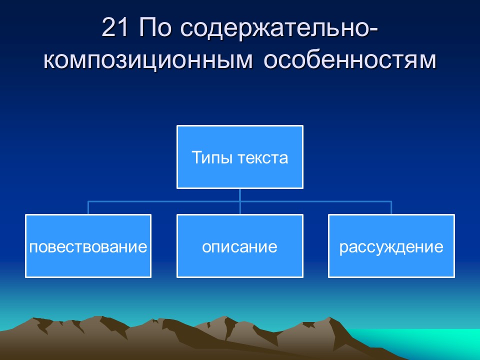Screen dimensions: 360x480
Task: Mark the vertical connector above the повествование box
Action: tap(88, 208)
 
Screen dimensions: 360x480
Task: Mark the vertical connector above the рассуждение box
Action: tap(391, 208)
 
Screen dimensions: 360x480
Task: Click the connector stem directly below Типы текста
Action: tap(240, 194)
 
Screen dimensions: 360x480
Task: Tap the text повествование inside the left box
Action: tap(88, 247)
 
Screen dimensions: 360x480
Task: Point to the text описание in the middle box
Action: tap(239, 247)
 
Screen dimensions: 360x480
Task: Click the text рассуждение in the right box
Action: tap(391, 247)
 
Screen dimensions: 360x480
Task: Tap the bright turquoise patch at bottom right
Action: tap(440, 342)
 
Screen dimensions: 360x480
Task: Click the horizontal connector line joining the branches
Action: tap(165, 201)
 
